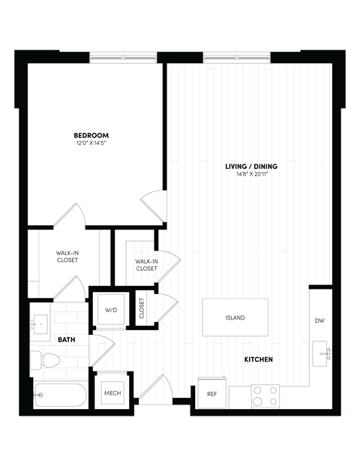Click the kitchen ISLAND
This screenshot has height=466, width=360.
pos(235,317)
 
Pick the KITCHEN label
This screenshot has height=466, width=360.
pos(258,359)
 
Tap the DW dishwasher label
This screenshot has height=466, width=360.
pos(319,321)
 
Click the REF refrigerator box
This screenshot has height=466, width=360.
pos(211,393)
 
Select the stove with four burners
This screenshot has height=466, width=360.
pos(264,395)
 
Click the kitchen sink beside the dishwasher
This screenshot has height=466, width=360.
pos(322,351)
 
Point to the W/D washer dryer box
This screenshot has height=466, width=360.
pos(110,308)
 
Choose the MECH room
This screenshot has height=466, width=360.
pos(112,392)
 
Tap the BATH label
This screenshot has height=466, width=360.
pos(67,340)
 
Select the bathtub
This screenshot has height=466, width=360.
pos(60,395)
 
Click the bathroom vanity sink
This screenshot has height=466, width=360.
pos(38,323)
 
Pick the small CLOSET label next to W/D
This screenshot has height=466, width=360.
pos(142,308)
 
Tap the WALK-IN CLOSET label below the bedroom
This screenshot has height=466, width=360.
pos(67,257)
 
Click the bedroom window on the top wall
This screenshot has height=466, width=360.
pos(123,58)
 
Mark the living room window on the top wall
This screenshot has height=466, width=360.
pos(236,58)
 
